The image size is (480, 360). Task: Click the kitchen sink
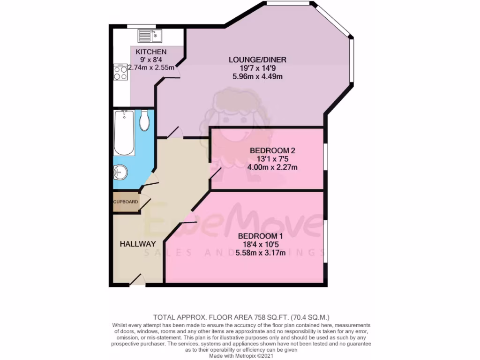150,35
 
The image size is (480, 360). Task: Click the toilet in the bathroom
144,121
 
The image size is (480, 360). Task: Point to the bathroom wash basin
120,172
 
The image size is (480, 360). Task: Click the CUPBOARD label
126,202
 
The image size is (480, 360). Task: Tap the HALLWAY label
137,244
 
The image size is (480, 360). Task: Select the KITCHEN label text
151,52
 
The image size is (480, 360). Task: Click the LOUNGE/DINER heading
257,60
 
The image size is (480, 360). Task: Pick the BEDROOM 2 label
272,150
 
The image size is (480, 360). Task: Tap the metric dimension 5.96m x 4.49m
257,76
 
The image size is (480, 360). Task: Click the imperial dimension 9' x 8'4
151,60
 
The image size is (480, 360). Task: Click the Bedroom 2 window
326,157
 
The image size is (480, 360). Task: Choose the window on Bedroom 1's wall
326,241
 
